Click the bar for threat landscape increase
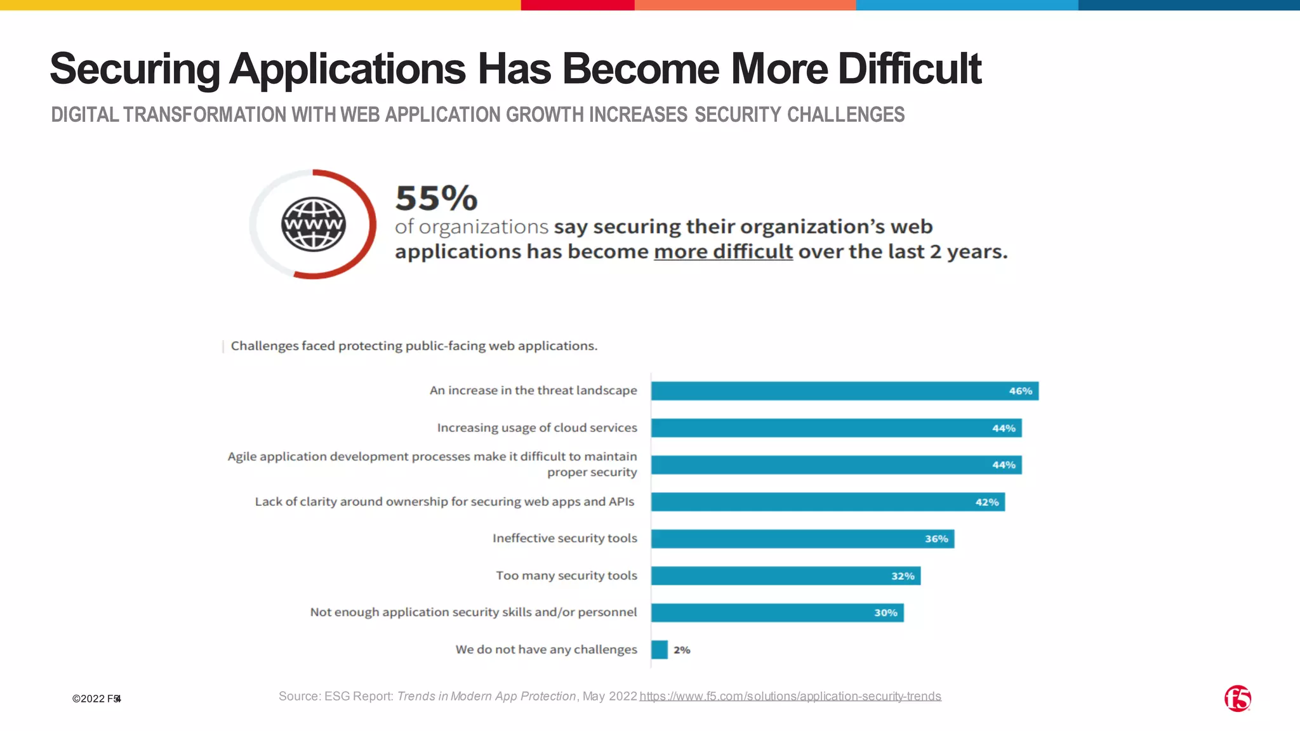825,391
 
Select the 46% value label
1020,391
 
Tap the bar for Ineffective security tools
787,539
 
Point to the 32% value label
902,576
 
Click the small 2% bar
660,650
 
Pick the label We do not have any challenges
546,650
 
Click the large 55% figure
436,198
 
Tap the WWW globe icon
314,224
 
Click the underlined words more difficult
723,252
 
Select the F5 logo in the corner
1237,699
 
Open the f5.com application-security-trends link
790,697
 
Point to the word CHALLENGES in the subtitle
846,115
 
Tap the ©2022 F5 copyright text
96,699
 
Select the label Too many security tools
566,576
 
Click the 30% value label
885,613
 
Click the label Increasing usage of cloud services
537,428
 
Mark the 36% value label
936,539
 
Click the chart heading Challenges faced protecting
414,346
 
